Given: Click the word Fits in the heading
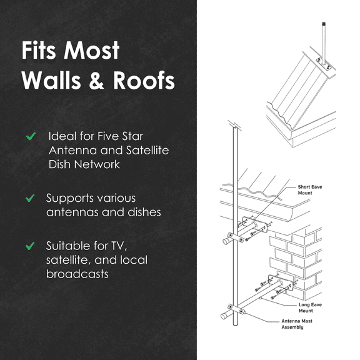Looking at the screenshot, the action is [39, 50].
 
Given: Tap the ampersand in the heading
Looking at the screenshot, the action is [97, 80].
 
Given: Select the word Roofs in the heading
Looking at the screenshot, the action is [144, 80].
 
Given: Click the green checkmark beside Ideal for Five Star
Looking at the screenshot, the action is [31, 136].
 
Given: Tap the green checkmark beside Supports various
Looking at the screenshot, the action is [30, 198].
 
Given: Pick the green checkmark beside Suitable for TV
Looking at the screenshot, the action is [30, 246].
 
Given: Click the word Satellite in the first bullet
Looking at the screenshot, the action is [147, 151].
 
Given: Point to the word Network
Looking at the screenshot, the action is [97, 164].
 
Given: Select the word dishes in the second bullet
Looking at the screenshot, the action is [144, 212].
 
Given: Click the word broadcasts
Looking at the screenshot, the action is [77, 274].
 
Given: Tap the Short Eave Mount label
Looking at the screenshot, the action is [310, 190].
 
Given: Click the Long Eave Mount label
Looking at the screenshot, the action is [310, 307].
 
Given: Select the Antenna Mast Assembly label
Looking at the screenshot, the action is [297, 324].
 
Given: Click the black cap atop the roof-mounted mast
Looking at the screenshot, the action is [324, 23].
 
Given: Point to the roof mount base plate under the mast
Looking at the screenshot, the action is [324, 64].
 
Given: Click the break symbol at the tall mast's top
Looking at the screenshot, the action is [234, 125].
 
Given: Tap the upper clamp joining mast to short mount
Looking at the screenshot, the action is [236, 237].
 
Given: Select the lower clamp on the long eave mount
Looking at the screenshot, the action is [236, 309].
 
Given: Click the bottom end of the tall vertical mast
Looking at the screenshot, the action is [236, 324].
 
